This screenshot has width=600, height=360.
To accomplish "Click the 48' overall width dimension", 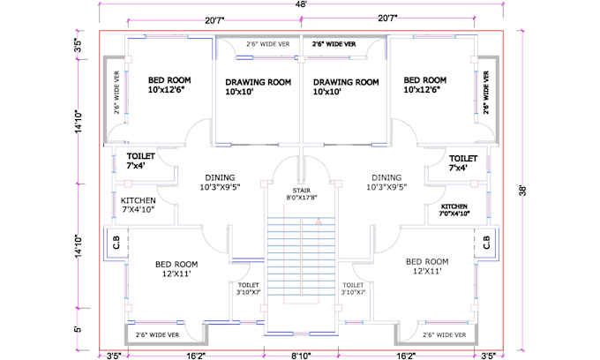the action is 302,4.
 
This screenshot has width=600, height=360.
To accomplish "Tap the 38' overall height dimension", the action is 525,189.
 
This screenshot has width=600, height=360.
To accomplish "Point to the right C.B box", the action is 487,242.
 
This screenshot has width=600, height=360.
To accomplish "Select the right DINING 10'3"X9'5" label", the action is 386,182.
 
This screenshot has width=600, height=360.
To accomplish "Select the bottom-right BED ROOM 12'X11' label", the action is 427,267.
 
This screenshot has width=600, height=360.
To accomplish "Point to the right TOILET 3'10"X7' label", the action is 354,289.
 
